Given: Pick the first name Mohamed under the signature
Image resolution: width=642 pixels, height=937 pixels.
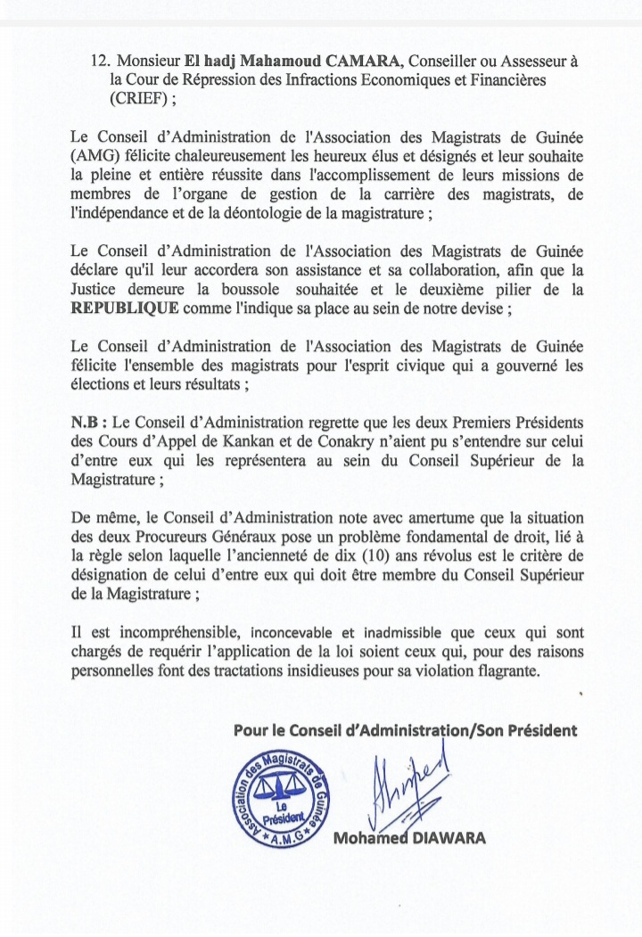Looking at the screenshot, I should (x=369, y=839).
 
